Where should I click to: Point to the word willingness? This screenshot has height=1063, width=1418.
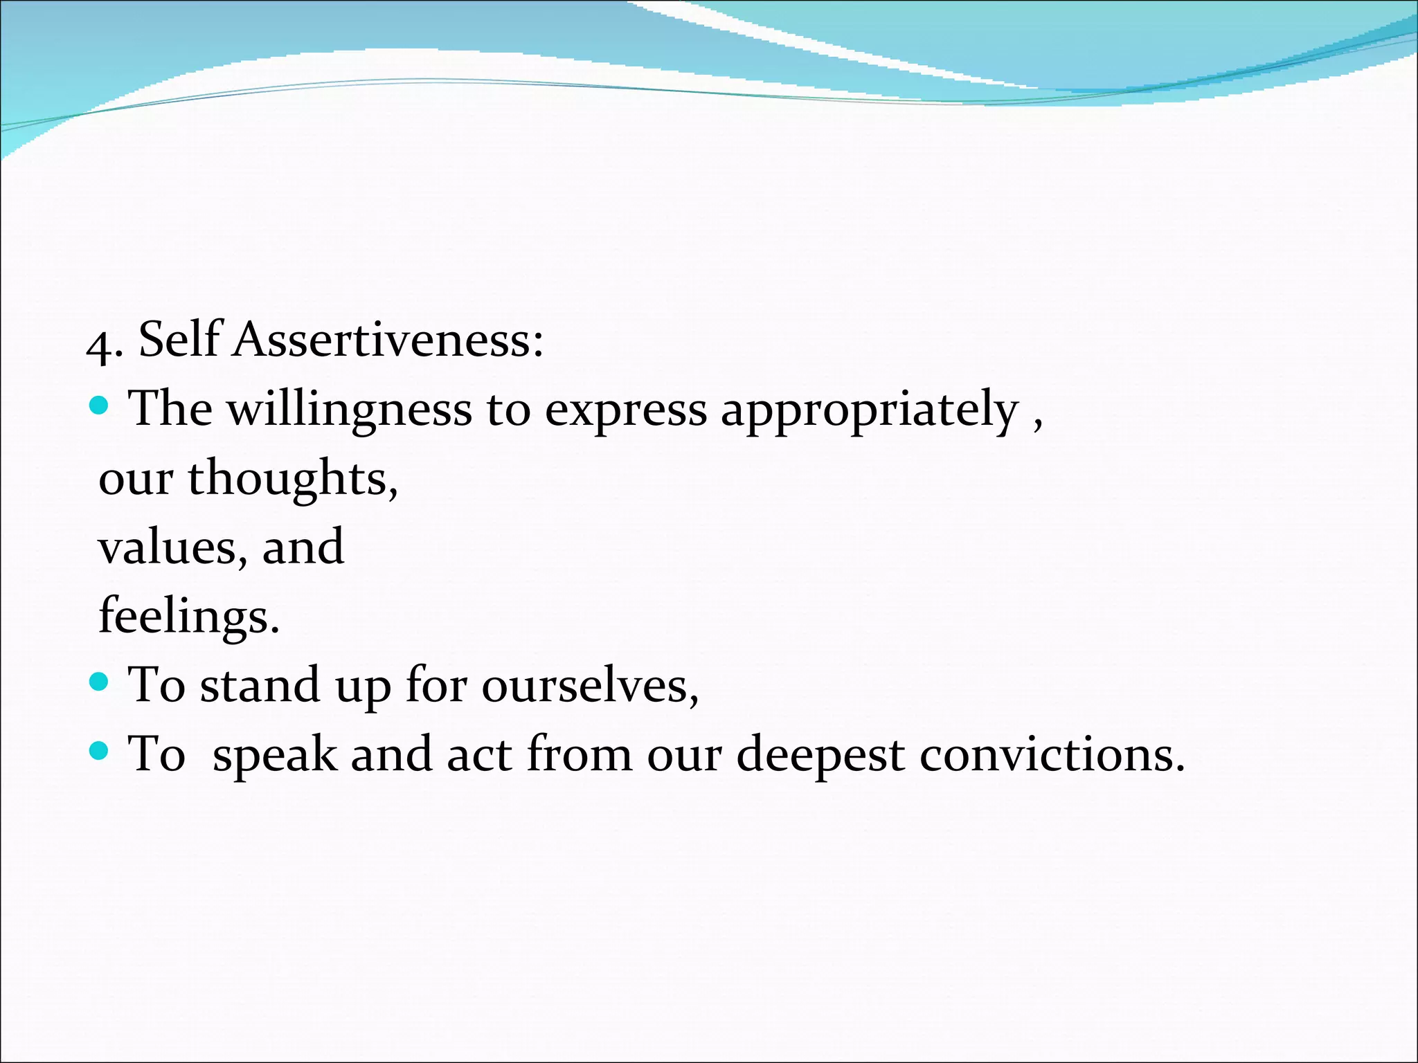(x=350, y=410)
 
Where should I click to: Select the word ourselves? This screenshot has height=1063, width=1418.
(x=589, y=686)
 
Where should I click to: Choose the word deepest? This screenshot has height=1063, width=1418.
(x=820, y=755)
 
